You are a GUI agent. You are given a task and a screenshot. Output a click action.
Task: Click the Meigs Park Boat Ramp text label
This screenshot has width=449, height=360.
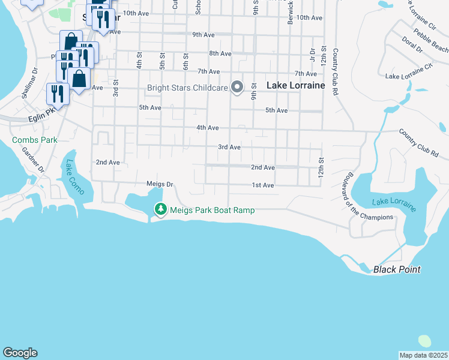pyautogui.click(x=212, y=210)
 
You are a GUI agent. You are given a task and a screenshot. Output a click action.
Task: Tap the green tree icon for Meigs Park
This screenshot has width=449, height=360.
pyautogui.click(x=160, y=209)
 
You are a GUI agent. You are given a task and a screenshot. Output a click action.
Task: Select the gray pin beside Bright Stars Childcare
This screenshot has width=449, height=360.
pyautogui.click(x=237, y=88)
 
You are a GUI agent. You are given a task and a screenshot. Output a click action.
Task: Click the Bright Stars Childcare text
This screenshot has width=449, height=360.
pyautogui.click(x=188, y=88)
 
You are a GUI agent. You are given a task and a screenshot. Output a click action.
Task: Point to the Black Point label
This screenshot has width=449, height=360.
pyautogui.click(x=397, y=269)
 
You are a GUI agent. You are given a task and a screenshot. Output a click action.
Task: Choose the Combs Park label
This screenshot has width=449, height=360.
pyautogui.click(x=35, y=140)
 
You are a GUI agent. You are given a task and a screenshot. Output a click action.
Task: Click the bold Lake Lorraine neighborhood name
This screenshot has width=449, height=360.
pyautogui.click(x=295, y=85)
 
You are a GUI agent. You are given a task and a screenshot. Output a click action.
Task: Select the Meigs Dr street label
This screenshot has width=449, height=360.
pyautogui.click(x=160, y=184)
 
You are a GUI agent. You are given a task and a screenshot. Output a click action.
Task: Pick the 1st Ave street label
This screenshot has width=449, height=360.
pyautogui.click(x=263, y=185)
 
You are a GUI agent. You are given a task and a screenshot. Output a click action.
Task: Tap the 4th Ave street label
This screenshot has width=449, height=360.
pyautogui.click(x=207, y=128)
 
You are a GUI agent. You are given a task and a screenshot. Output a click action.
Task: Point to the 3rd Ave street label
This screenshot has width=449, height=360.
pyautogui.click(x=229, y=147)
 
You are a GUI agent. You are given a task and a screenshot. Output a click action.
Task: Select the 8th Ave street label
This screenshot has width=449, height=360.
pyautogui.click(x=220, y=53)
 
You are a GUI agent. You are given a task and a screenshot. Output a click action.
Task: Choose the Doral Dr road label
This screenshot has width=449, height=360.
pyautogui.click(x=412, y=43)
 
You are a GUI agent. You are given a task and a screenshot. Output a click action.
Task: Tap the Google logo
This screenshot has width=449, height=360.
pyautogui.click(x=20, y=353)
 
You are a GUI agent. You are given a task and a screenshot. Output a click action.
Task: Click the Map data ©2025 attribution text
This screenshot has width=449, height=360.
pyautogui.click(x=423, y=355)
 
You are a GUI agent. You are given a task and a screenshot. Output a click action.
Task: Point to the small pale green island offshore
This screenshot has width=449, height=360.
pyautogui.click(x=424, y=341)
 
